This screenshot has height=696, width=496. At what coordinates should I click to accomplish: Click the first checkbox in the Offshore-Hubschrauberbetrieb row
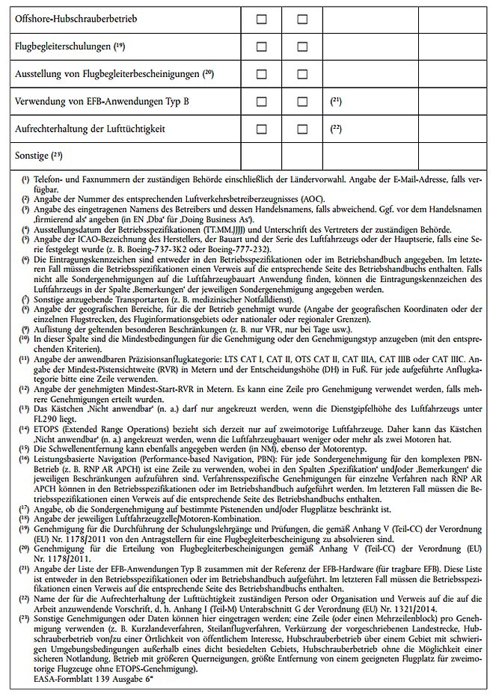pos(261,19)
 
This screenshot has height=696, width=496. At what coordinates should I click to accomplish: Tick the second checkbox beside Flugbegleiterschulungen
pos(302,46)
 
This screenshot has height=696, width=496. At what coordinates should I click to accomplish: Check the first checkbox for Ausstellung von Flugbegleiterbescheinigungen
pos(261,74)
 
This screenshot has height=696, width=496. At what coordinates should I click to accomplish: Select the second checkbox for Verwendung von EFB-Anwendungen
pos(302,101)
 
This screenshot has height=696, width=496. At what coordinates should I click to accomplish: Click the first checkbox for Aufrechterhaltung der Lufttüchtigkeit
pos(261,129)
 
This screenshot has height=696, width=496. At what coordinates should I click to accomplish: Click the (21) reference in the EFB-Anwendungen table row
pos(335,101)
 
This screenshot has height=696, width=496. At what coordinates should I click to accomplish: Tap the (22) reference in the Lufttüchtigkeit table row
pos(335,129)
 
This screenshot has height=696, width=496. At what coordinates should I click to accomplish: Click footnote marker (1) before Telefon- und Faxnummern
pos(25,181)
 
